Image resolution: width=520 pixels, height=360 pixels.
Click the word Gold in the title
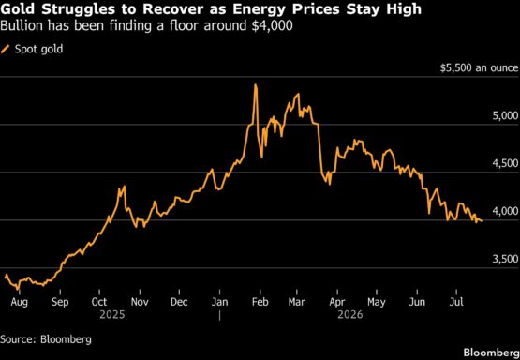20,9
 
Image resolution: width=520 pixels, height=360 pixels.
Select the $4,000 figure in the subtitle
272,26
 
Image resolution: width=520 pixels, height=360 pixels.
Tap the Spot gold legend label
38,50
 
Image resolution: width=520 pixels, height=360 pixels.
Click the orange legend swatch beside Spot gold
6,50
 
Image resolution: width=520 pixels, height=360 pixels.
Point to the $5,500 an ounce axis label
479,68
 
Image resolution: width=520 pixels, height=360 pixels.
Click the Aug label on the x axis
19,302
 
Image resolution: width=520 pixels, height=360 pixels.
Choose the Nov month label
140,302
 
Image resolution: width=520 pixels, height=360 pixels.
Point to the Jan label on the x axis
220,302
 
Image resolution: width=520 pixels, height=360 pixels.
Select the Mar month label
297,302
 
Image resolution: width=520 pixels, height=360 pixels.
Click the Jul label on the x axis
456,302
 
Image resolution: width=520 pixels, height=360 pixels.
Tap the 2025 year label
112,315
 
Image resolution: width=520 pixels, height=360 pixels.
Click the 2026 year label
350,315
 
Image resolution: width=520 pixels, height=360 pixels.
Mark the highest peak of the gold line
256,84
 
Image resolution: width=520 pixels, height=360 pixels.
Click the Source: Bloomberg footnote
46,339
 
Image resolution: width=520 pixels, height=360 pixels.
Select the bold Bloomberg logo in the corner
492,352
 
